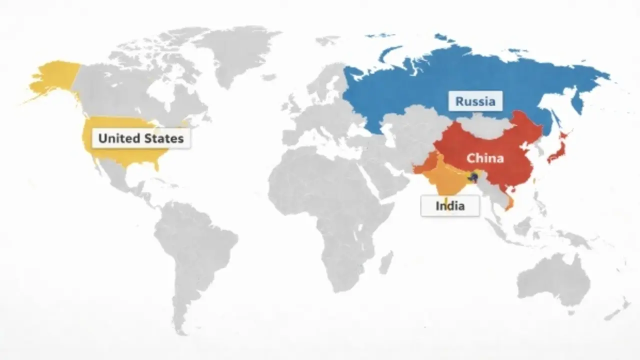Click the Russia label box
[475, 101]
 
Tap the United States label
[141, 138]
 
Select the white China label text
[484, 158]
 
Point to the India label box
[450, 205]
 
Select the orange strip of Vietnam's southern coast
[510, 203]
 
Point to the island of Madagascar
[385, 262]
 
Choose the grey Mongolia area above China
[482, 125]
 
